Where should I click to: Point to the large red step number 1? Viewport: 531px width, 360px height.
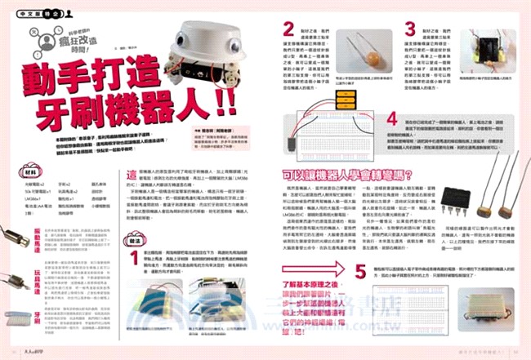pos(138,259)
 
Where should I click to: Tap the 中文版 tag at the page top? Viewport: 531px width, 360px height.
pos(26,13)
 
